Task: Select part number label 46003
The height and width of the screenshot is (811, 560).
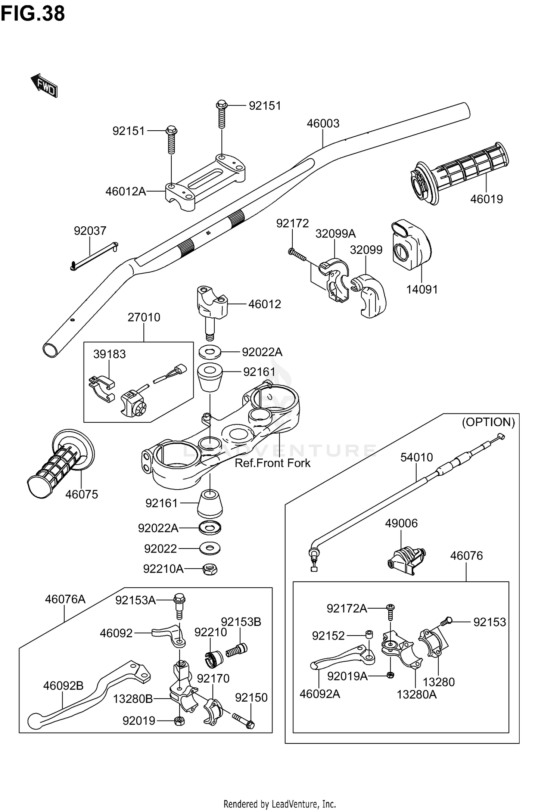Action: pyautogui.click(x=323, y=124)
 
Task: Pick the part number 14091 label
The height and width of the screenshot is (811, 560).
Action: pyautogui.click(x=422, y=289)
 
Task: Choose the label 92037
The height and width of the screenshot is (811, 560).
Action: pyautogui.click(x=90, y=231)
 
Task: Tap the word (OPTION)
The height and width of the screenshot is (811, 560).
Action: pyautogui.click(x=488, y=422)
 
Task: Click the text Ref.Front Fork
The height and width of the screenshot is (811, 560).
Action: pyautogui.click(x=273, y=463)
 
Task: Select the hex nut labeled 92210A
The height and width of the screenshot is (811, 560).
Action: pyautogui.click(x=210, y=569)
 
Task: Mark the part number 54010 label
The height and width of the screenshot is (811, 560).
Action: pyautogui.click(x=417, y=457)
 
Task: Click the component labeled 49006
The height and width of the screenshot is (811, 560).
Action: pyautogui.click(x=405, y=557)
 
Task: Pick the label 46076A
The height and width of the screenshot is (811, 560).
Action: pyautogui.click(x=65, y=600)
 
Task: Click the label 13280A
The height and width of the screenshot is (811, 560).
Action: pyautogui.click(x=417, y=695)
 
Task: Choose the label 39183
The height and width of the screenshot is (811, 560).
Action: pyautogui.click(x=109, y=354)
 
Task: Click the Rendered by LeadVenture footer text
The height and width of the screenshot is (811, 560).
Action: pyautogui.click(x=280, y=804)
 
